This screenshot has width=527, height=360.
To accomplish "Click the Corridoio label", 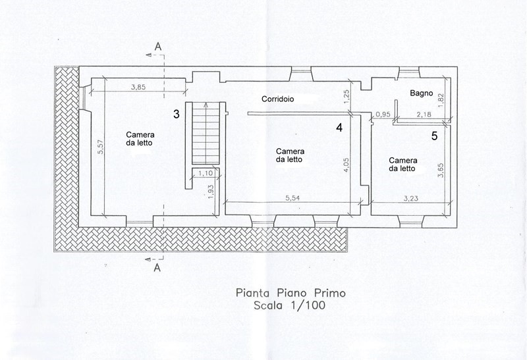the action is tap(277, 99).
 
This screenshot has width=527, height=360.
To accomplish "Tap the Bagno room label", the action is tap(421, 93).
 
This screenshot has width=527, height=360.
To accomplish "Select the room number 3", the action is tap(177, 114).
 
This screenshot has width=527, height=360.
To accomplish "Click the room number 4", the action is tap(339, 128).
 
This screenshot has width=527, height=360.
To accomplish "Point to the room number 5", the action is tap(434, 136).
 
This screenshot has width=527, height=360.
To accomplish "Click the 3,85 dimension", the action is tap(138, 88).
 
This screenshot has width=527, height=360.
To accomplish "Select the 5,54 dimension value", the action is tap(292, 198).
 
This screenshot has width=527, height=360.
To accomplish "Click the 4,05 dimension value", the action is tap(346, 166).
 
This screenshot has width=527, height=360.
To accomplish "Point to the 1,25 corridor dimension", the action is tap(347, 95).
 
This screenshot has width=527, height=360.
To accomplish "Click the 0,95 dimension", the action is tap(383, 115).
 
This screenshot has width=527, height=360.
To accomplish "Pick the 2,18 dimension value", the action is tap(424, 115).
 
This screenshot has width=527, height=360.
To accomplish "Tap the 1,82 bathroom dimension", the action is tap(441, 100).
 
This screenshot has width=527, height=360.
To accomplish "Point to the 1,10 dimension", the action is tap(206, 173).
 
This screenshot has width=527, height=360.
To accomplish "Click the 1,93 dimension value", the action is tap(211, 192).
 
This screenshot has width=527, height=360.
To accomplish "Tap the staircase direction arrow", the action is tap(206, 133).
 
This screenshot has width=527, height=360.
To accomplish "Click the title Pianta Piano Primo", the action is tap(291, 293).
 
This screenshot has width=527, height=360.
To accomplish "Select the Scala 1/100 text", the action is tap(290, 305).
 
